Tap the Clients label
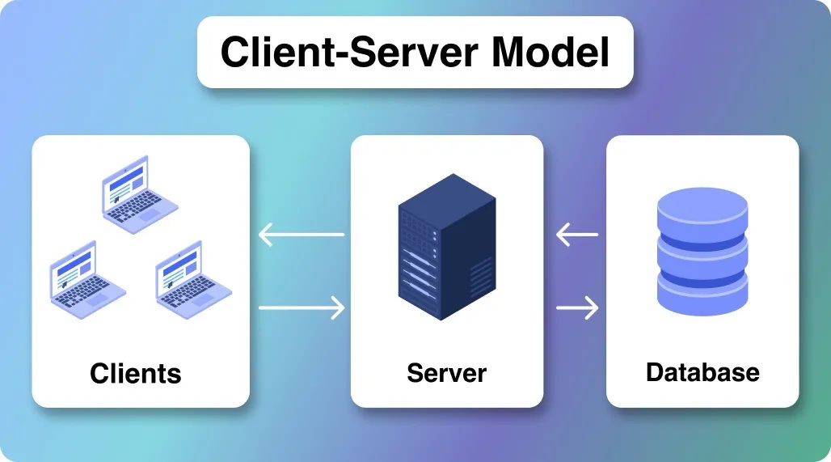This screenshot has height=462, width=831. point(136,373)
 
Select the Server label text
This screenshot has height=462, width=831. point(446,373)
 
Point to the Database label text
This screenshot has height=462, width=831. point(702,372)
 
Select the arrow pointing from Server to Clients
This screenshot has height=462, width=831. point(302,235)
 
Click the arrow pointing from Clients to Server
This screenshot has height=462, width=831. point(302,307)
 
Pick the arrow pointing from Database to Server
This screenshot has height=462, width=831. point(577,235)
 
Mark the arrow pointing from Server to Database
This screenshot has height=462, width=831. point(577,307)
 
